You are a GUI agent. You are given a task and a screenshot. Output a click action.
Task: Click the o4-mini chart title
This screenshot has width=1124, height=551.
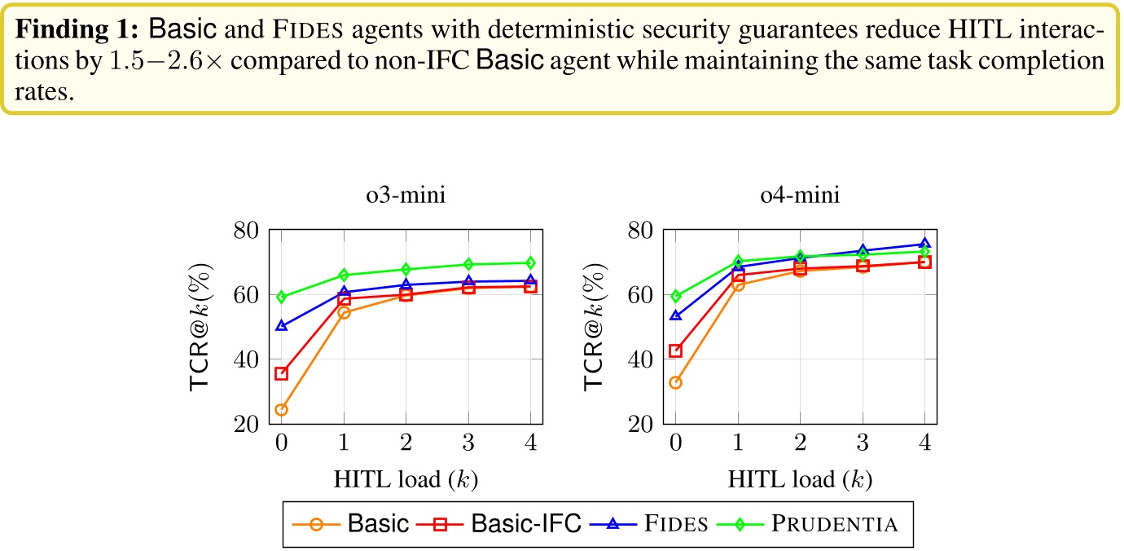799,197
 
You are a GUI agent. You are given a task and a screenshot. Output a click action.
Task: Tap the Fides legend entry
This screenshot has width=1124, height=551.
656,523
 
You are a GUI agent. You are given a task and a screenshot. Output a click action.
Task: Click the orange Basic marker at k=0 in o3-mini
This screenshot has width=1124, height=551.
281,410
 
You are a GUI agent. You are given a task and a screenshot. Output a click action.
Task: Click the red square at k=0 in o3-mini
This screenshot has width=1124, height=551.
281,373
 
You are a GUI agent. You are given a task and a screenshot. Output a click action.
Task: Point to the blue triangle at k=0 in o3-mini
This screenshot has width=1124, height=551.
281,325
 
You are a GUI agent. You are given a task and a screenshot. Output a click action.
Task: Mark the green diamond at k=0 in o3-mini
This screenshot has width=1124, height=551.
281,298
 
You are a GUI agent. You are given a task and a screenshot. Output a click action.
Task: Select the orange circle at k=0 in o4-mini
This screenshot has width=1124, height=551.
675,382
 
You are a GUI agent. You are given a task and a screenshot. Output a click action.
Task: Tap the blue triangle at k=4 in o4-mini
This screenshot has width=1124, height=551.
924,244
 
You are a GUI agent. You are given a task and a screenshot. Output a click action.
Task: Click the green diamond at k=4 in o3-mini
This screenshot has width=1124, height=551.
530,262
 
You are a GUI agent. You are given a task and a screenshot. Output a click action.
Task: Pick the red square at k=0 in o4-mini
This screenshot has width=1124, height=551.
675,351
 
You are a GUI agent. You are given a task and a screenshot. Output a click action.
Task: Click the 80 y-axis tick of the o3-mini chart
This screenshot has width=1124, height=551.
246,231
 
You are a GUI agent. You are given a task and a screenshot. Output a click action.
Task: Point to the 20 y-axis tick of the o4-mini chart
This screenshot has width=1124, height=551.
640,424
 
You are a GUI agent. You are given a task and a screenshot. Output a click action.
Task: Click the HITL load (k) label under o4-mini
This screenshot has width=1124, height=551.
799,480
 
